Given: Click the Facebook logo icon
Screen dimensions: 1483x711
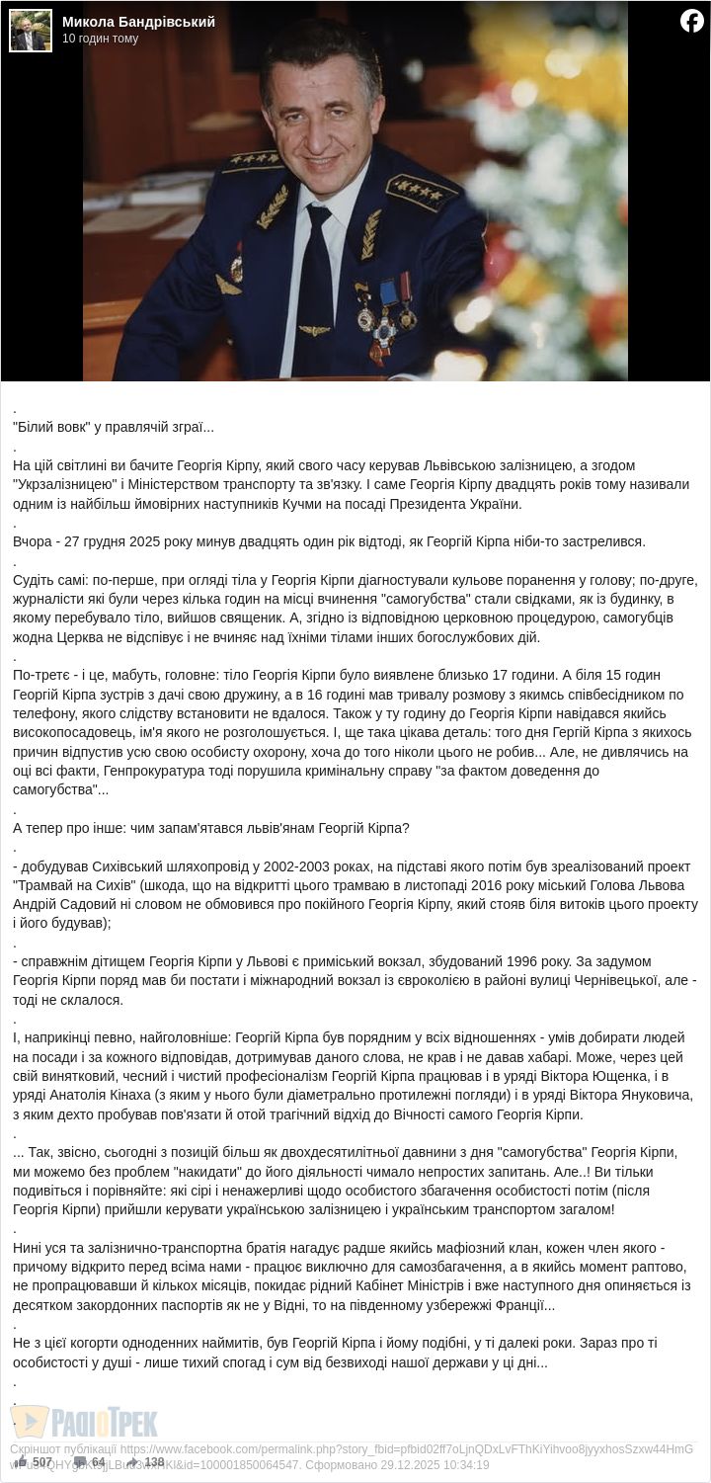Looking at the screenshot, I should (692, 21).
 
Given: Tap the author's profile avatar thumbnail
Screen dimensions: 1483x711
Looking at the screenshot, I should (30, 31).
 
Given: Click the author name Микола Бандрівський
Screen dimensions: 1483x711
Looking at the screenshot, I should (138, 22).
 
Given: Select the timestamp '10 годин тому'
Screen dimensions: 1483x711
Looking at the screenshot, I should (101, 39).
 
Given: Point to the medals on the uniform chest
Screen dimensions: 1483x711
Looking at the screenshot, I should (386, 316).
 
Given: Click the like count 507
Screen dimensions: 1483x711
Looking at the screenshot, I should (41, 1462).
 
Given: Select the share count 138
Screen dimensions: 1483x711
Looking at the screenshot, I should (154, 1462).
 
